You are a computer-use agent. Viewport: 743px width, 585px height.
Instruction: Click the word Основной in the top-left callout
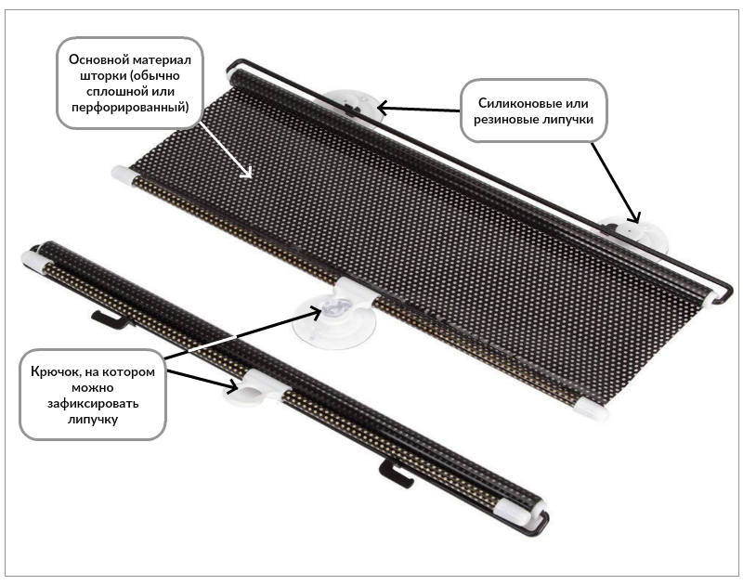click(x=98, y=59)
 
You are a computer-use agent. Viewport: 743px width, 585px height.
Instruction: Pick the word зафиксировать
click(x=93, y=404)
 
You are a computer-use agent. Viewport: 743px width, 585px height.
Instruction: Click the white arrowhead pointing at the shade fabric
click(x=246, y=173)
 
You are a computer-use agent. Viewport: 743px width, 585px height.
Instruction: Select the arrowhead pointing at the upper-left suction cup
click(x=384, y=108)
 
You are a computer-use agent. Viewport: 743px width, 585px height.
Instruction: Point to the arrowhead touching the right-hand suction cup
click(x=634, y=215)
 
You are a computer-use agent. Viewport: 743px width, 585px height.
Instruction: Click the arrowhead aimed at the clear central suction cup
click(x=316, y=312)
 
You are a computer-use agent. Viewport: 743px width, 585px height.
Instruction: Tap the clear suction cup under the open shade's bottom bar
click(x=334, y=321)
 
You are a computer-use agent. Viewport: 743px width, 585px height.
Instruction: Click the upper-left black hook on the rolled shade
click(x=111, y=319)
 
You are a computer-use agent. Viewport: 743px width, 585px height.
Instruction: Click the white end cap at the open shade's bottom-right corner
click(x=591, y=409)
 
